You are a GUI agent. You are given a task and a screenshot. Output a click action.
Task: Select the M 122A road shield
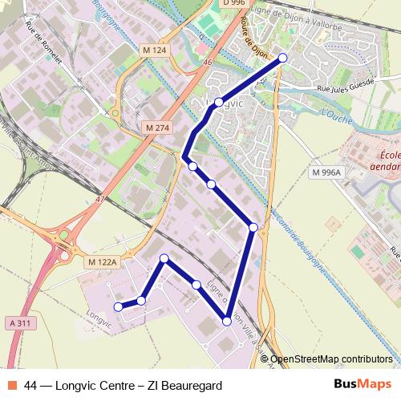(102, 261)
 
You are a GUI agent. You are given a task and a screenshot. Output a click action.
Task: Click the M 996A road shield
(326, 172)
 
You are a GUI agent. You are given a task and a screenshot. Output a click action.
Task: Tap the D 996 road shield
(233, 4)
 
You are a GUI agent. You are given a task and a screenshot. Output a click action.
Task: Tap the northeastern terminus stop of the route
(282, 58)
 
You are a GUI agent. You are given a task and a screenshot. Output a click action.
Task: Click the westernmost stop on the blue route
(119, 306)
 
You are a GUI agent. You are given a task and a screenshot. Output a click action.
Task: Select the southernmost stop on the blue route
(227, 321)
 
